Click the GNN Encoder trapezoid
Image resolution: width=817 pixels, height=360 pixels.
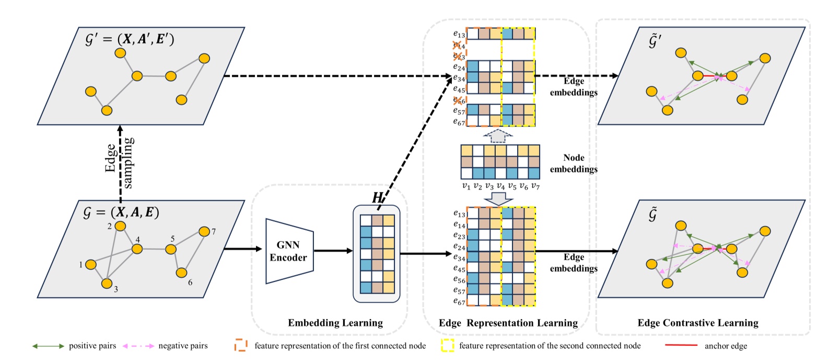click(289, 251)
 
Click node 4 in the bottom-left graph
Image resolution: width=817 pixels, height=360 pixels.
click(137, 249)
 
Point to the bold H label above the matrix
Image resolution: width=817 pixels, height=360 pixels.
click(377, 197)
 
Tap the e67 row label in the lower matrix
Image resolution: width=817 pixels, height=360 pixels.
click(459, 301)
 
